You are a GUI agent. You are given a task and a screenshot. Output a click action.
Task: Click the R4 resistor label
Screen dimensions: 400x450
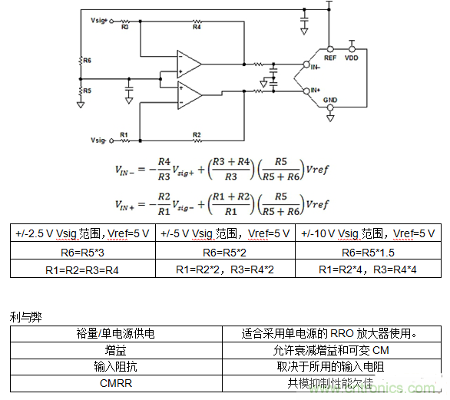pyautogui.click(x=197, y=27)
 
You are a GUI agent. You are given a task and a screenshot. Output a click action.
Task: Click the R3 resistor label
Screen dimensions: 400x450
pyautogui.click(x=125, y=27)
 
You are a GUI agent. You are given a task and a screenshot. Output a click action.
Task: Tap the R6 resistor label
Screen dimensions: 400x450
pyautogui.click(x=87, y=59)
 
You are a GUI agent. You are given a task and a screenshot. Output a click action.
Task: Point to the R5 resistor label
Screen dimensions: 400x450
pyautogui.click(x=87, y=91)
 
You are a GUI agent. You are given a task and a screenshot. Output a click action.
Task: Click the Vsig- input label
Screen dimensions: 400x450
pyautogui.click(x=98, y=141)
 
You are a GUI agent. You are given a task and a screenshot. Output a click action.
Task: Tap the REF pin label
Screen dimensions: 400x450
pyautogui.click(x=329, y=58)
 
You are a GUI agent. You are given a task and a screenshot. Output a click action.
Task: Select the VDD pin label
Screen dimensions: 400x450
pyautogui.click(x=352, y=58)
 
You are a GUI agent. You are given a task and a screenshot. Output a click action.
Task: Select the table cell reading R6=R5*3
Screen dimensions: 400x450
pyautogui.click(x=82, y=251)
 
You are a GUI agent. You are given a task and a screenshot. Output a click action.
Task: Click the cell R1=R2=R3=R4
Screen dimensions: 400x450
pyautogui.click(x=82, y=269)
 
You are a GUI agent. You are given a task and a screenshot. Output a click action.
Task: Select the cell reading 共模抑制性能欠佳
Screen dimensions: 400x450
pyautogui.click(x=331, y=383)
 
